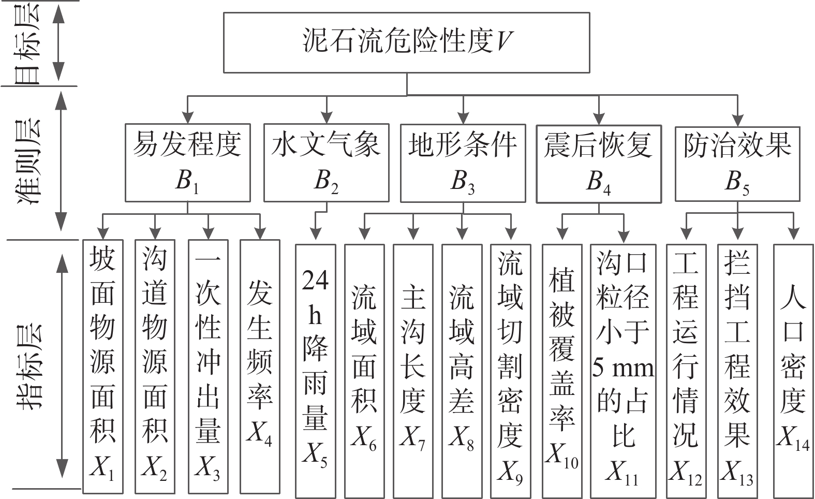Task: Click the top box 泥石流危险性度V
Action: pos(406,42)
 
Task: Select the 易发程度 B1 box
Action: pos(187,163)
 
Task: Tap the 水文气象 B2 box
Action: pos(326,163)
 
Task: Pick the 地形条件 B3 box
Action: pos(463,163)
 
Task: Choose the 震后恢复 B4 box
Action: pos(598,164)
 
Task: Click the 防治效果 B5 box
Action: pos(737,163)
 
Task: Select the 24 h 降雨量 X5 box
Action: pos(315,370)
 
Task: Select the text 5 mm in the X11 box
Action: pos(623,368)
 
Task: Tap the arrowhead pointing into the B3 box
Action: pos(463,118)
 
